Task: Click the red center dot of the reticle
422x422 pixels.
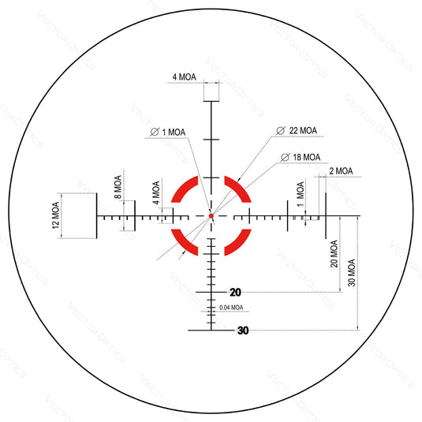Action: pos(211,215)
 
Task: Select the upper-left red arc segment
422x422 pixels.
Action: pos(186,191)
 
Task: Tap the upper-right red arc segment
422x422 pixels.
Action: pos(236,191)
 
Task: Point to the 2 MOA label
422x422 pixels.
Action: pos(341,171)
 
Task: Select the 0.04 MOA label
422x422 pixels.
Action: pos(231,308)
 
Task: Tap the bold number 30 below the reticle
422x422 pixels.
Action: pos(242,331)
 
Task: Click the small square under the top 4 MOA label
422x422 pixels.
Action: pos(211,92)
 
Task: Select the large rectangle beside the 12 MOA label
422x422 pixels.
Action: pos(80,214)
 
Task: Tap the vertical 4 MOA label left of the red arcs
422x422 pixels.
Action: pos(155,193)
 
